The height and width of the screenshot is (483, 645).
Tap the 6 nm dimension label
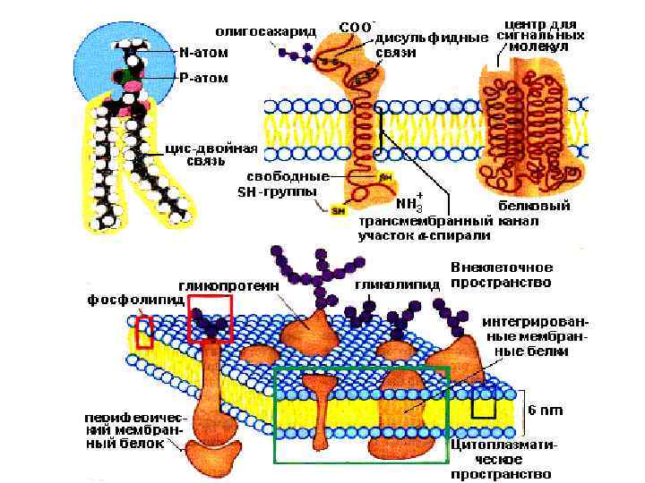[x=545, y=410]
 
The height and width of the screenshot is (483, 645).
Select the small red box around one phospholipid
[x=144, y=334]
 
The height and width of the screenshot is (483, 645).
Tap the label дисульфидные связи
[x=431, y=44]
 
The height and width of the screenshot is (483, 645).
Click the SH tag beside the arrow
[x=339, y=211]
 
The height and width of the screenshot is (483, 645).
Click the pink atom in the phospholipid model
[x=133, y=85]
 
